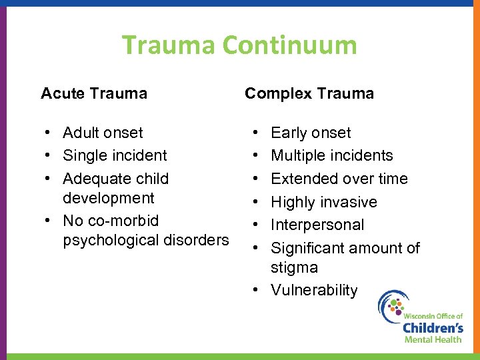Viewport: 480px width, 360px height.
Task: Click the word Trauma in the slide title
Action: (169, 45)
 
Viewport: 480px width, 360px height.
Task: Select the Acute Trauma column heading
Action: (94, 93)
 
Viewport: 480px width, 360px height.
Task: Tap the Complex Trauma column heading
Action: (309, 93)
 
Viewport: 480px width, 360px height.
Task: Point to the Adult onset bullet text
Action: (103, 133)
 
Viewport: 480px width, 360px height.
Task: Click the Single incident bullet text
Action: (115, 155)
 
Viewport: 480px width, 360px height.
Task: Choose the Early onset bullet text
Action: (310, 133)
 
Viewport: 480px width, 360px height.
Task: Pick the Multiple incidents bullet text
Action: (331, 155)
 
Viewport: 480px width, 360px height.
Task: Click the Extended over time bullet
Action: (339, 179)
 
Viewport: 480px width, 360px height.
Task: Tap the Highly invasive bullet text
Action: (323, 202)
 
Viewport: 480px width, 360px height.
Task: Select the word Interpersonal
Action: (317, 225)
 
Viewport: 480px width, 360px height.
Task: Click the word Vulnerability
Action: (313, 290)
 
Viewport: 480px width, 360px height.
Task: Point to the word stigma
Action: (294, 267)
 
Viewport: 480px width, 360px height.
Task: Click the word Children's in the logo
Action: (433, 327)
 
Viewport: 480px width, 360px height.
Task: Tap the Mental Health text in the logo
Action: (433, 339)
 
